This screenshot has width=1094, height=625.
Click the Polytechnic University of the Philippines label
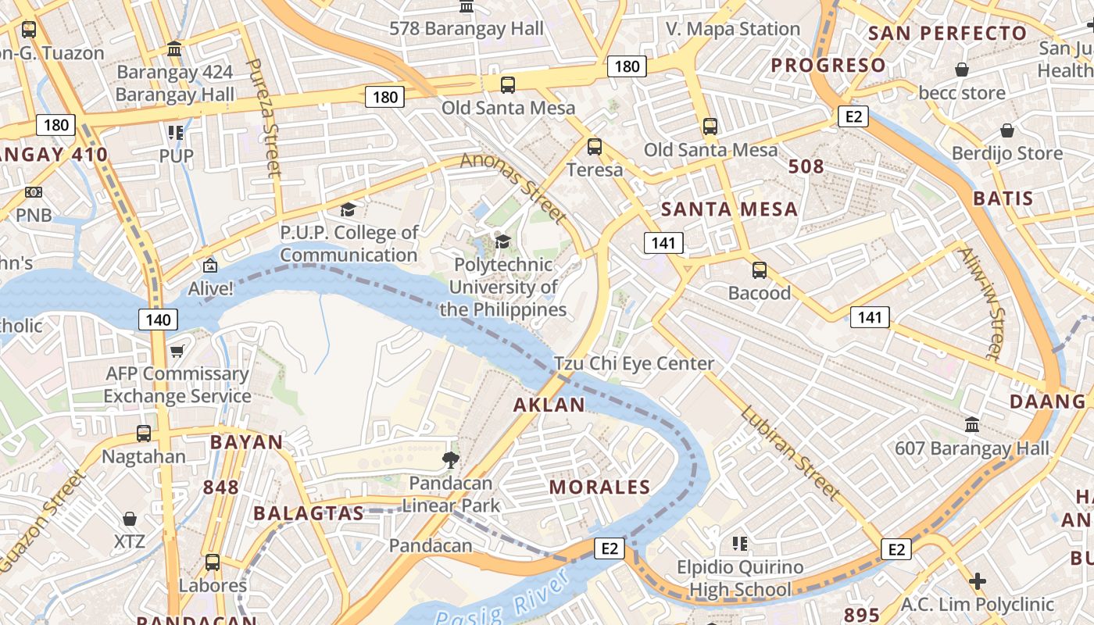click(502, 287)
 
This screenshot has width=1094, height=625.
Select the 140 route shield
click(158, 319)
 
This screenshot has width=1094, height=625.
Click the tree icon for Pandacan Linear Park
click(451, 459)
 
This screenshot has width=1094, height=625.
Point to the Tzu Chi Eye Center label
click(634, 363)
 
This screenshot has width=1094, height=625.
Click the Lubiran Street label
click(790, 453)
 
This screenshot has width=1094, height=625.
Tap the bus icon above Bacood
click(759, 270)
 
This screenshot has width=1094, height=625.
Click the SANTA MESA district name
click(729, 209)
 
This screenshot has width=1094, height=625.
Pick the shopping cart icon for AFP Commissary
click(177, 352)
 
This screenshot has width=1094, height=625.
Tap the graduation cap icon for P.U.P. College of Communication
click(348, 209)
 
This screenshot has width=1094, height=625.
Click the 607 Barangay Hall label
click(972, 448)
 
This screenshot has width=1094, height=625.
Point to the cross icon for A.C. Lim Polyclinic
click(977, 582)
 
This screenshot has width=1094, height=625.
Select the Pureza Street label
click(263, 117)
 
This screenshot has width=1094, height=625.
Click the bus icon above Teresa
click(595, 146)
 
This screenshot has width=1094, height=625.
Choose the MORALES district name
click(599, 487)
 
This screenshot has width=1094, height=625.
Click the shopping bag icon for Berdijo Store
click(1007, 130)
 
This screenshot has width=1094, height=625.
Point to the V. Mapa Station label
click(733, 30)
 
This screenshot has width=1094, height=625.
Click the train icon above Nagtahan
click(144, 433)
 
